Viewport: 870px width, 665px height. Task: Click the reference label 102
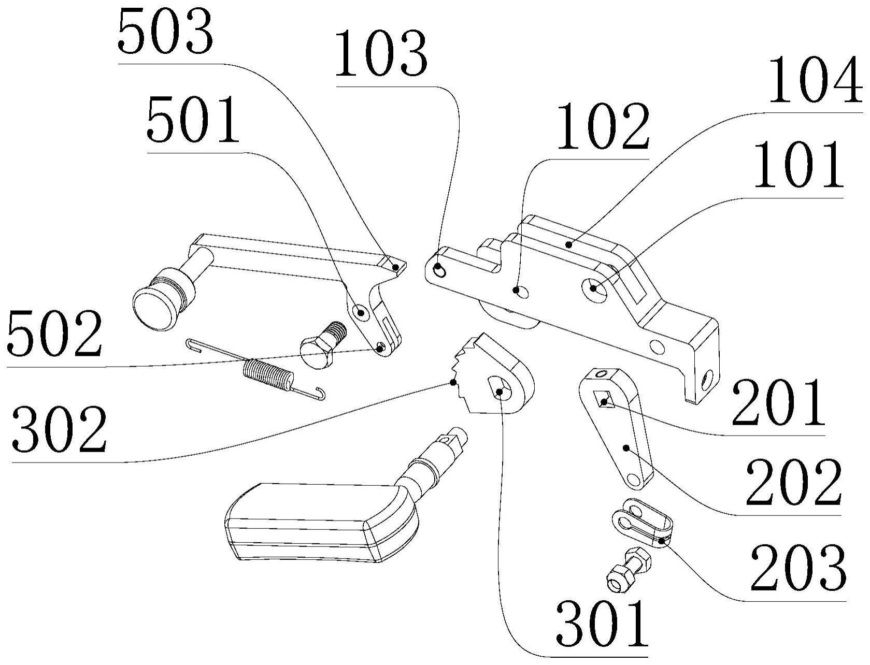pos(603,127)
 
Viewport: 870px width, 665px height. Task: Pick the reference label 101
pos(798,166)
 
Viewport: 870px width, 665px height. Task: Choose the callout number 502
pos(54,335)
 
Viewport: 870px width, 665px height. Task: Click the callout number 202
pos(793,483)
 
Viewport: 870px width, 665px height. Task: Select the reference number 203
pos(798,568)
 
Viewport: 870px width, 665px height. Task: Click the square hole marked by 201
pos(605,400)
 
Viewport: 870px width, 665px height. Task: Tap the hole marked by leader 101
pos(593,287)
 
